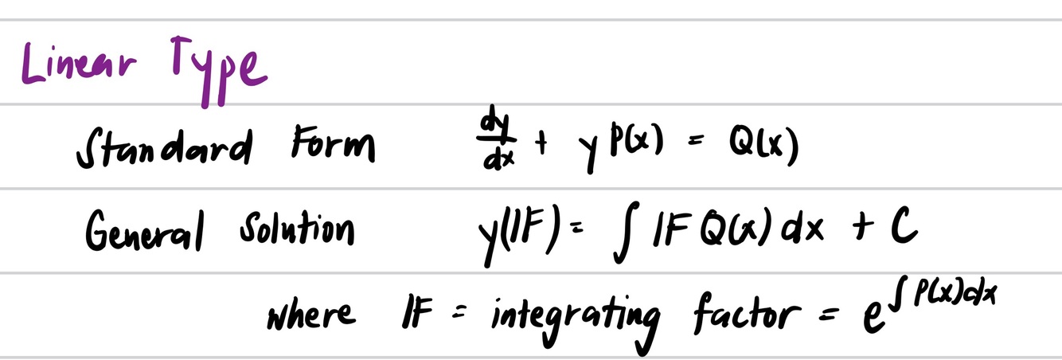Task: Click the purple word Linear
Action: [75, 65]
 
